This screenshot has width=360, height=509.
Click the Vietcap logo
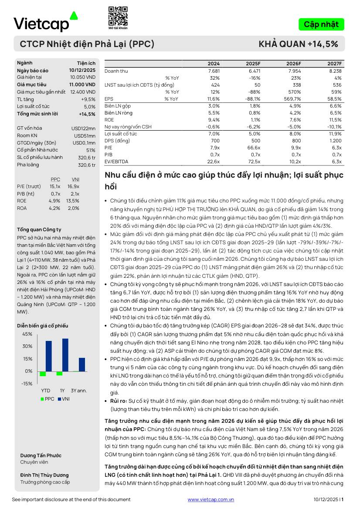pyautogui.click(x=46, y=23)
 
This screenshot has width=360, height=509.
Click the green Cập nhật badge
pyautogui.click(x=321, y=24)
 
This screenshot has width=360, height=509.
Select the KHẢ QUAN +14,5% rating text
pyautogui.click(x=298, y=44)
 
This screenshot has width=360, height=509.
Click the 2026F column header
pyautogui.click(x=293, y=64)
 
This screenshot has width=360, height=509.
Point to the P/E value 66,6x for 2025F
pyautogui.click(x=254, y=148)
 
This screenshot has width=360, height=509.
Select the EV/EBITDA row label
pyautogui.click(x=116, y=162)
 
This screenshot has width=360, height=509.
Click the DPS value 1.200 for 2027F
pyautogui.click(x=335, y=141)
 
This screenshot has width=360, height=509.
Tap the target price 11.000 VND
pyautogui.click(x=82, y=84)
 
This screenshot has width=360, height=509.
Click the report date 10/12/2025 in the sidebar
pyautogui.click(x=82, y=71)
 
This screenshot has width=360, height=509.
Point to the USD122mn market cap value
pyautogui.click(x=83, y=128)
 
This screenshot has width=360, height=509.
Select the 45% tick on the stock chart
pyautogui.click(x=27, y=334)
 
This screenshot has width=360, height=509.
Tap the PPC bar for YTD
pyautogui.click(x=43, y=374)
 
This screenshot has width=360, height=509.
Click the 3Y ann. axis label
pyautogui.click(x=79, y=390)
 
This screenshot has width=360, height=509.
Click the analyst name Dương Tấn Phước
pyautogui.click(x=41, y=455)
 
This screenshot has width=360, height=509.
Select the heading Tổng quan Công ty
pyautogui.click(x=39, y=229)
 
